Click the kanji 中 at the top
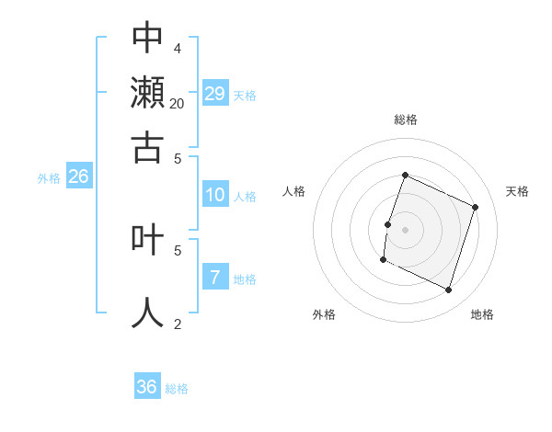tap(147, 38)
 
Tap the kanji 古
tap(147, 146)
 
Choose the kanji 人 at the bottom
tap(147, 312)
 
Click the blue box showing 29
tap(215, 93)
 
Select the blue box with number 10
tap(214, 195)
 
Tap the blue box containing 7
tap(214, 278)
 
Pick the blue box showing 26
tap(78, 176)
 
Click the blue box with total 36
tap(147, 387)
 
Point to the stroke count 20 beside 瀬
tap(178, 104)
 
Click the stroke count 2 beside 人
tap(178, 324)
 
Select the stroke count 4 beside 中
tap(178, 49)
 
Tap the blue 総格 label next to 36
tap(177, 389)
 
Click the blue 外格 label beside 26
tap(49, 178)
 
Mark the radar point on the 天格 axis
tap(476, 207)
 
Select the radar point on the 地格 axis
tap(448, 290)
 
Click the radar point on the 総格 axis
tap(405, 175)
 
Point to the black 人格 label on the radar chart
tap(294, 191)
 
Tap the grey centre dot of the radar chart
tap(405, 229)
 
